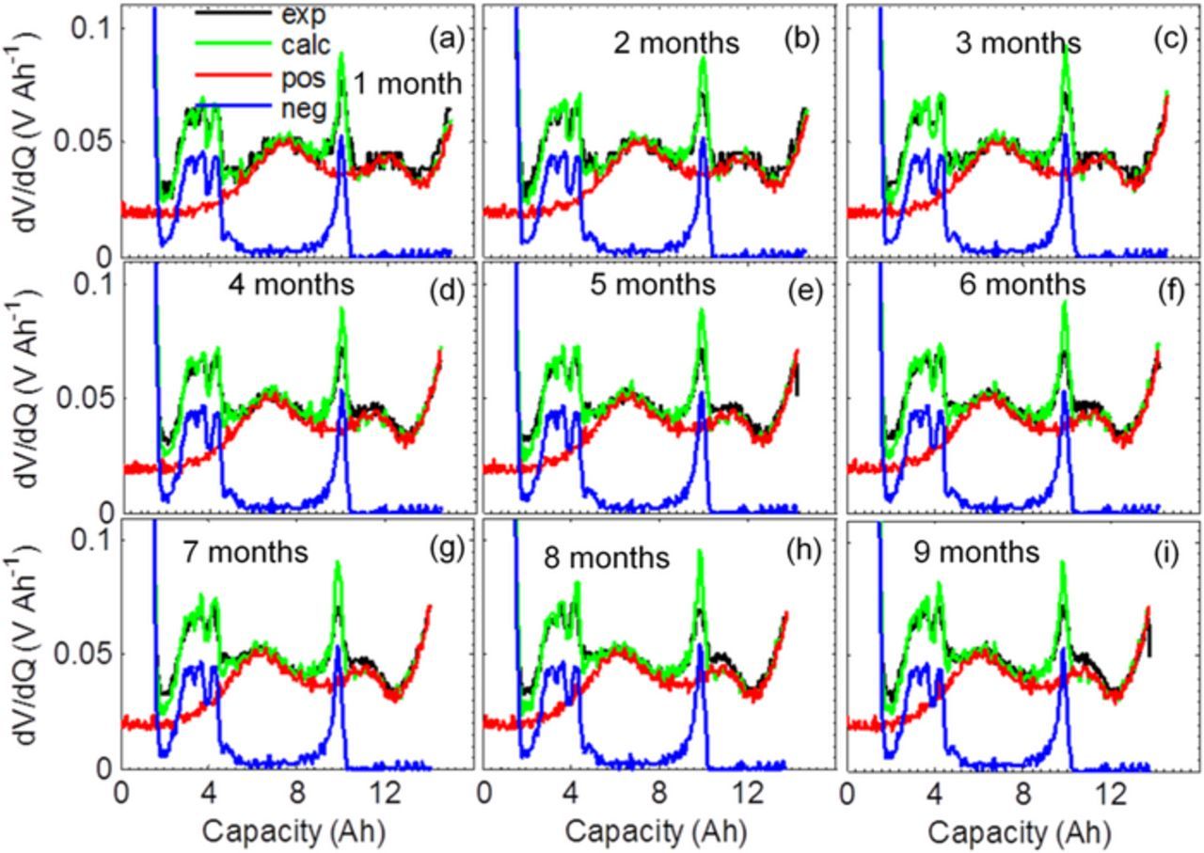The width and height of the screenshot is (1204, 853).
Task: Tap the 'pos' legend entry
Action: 303,78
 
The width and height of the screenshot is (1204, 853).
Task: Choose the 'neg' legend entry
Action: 303,109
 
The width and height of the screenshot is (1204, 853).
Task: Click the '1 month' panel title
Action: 408,84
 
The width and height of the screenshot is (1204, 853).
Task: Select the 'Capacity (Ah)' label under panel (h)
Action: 656,831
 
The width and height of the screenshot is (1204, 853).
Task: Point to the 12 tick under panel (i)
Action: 1114,792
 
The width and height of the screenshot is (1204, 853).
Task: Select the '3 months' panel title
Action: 1020,44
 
